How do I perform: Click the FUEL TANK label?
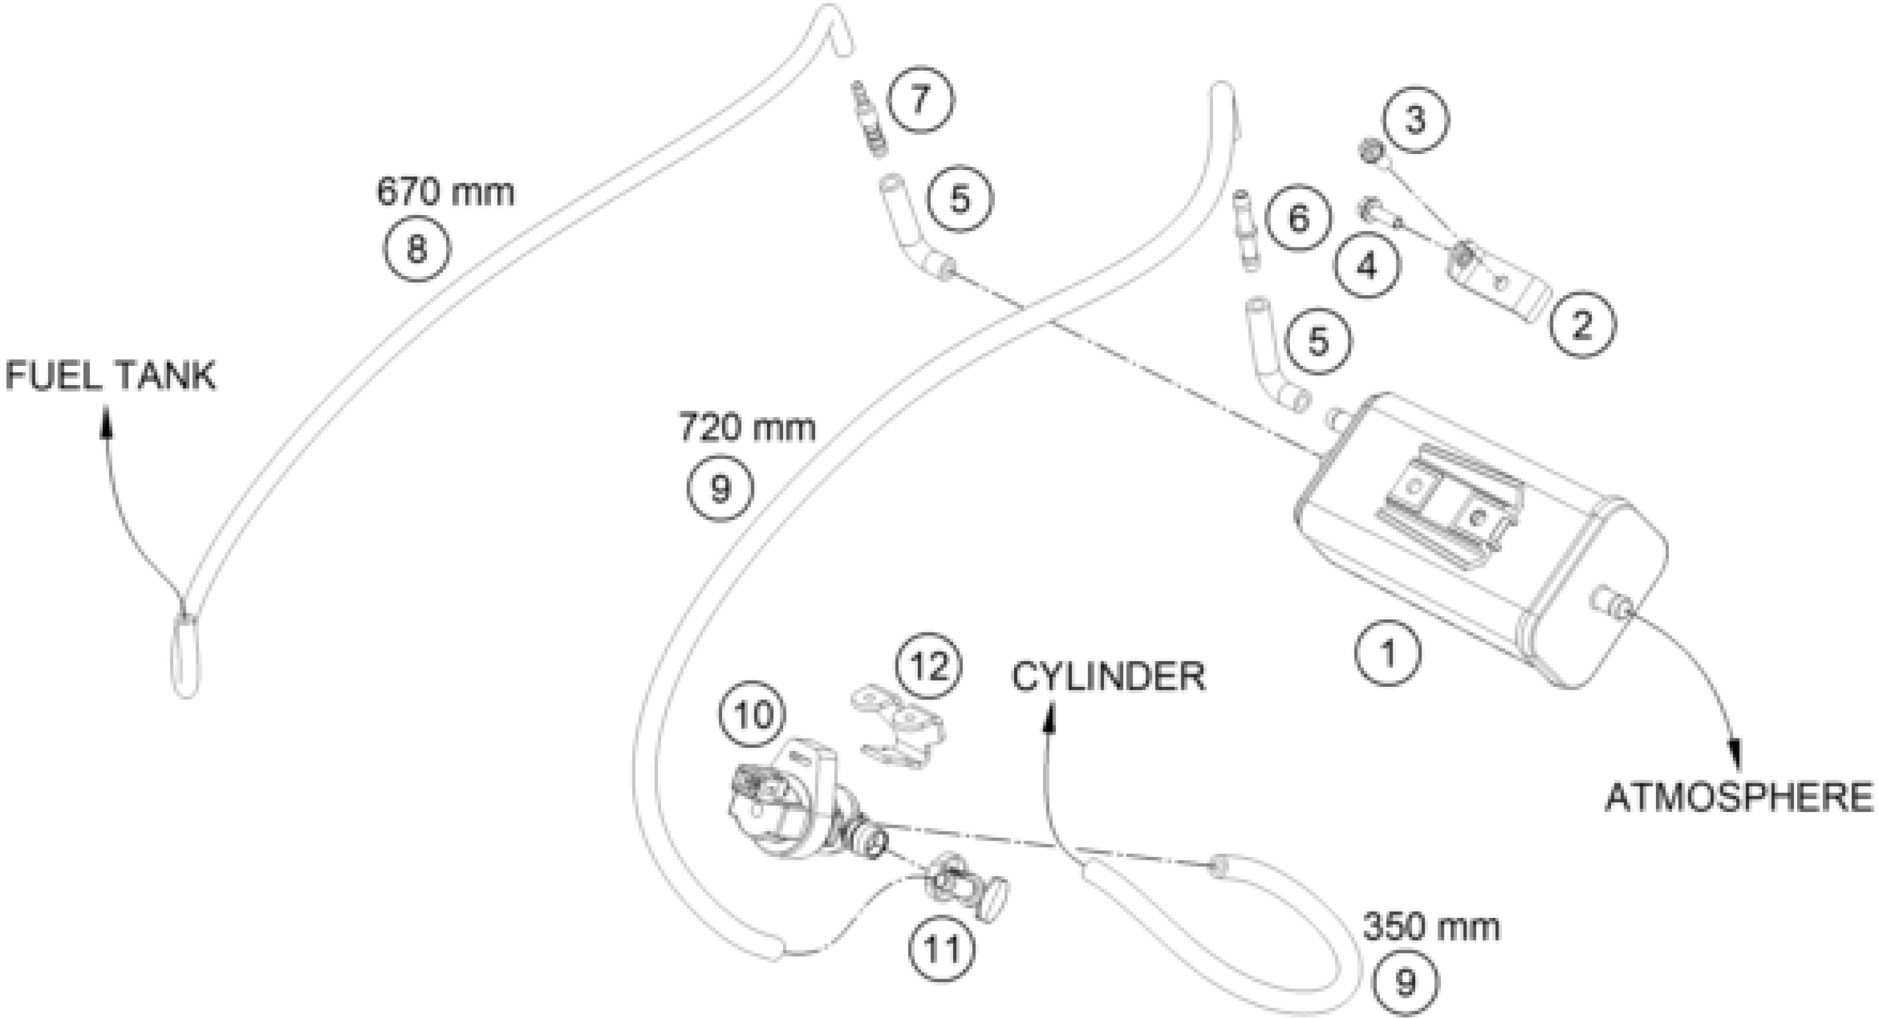tap(111, 376)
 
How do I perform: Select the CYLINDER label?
tap(1108, 677)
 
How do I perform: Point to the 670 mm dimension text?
tap(445, 192)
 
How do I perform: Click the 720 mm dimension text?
tap(747, 428)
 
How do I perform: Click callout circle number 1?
tap(1387, 653)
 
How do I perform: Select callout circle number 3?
tap(1415, 120)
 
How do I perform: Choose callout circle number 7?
tap(921, 99)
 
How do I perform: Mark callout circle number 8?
tap(416, 249)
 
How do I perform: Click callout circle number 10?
tap(753, 714)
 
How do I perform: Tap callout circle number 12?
tap(929, 665)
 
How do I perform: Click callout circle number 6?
tap(1298, 219)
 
